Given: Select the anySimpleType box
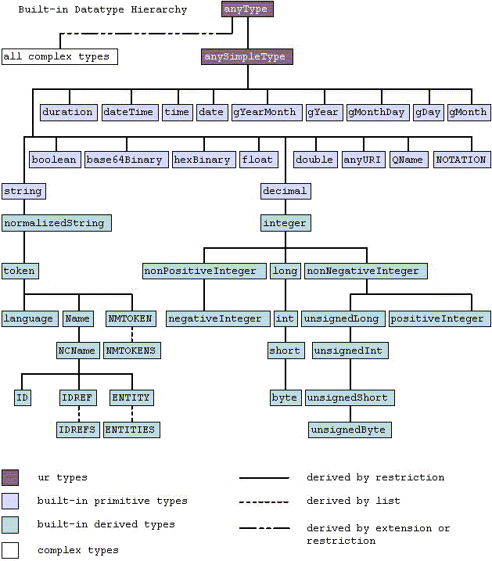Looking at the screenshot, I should click(247, 56).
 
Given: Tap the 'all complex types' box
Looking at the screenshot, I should click(59, 56).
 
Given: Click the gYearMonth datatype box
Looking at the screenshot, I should click(265, 112).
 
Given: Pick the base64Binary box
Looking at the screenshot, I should click(125, 160).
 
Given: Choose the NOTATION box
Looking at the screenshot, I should click(461, 160).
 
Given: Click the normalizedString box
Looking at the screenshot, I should click(56, 223).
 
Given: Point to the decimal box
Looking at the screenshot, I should click(286, 191).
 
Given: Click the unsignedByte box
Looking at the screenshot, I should click(349, 430).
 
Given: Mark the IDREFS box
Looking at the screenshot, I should click(77, 430).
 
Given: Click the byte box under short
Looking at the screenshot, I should click(285, 397).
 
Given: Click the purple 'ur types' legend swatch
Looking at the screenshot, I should click(10, 477).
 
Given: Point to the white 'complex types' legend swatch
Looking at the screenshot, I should click(10, 550).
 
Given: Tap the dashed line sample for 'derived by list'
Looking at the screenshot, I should click(264, 502).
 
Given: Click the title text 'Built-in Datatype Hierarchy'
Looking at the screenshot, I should click(95, 10).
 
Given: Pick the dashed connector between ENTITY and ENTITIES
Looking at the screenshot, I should click(131, 413).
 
